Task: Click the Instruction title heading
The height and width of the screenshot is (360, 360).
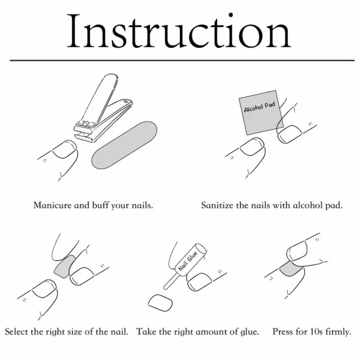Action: pos(179,31)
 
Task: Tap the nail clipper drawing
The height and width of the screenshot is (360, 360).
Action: pos(103,108)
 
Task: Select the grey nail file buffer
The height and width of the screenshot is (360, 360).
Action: pos(124,145)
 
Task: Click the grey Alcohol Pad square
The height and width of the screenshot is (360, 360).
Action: pos(261,112)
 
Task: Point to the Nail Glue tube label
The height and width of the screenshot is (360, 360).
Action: pos(188,261)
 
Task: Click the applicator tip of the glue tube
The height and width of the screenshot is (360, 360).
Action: pos(165,288)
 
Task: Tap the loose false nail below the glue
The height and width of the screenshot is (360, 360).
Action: pos(160,303)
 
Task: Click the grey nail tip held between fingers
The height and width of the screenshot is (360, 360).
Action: pos(65,266)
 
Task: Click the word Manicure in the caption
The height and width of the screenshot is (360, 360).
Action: pos(52,205)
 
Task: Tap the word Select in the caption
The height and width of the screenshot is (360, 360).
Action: pos(16,331)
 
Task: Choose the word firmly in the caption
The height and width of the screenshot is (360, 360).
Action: pos(339,332)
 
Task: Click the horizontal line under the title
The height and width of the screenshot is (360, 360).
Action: pos(182,61)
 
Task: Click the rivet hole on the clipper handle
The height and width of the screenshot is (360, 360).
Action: pos(125,101)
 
